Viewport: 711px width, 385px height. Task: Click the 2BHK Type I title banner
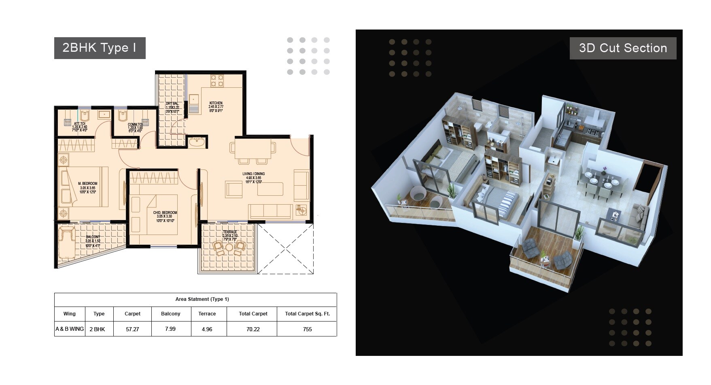[x=100, y=48]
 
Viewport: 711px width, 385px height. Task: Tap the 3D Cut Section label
[x=623, y=48]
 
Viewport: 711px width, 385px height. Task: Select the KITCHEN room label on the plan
[x=216, y=103]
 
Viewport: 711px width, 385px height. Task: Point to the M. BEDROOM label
[x=87, y=184]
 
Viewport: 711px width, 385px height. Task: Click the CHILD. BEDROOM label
[x=165, y=213]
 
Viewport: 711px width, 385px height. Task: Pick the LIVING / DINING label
[x=253, y=174]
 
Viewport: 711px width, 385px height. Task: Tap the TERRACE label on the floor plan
[x=229, y=232]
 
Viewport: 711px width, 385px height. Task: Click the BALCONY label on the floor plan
[x=93, y=237]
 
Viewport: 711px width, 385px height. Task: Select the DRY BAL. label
[x=172, y=104]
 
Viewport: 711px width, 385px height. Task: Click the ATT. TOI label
[x=80, y=124]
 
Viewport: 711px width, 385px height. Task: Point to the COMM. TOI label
[x=135, y=125]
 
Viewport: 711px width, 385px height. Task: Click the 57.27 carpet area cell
[x=132, y=329]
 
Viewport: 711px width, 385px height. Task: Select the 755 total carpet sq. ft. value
[x=307, y=329]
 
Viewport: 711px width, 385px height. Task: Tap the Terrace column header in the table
[x=207, y=314]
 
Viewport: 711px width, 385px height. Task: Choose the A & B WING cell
[x=70, y=329]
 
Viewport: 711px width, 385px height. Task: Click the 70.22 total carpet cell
[x=253, y=329]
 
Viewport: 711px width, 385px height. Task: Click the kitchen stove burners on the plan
[x=217, y=80]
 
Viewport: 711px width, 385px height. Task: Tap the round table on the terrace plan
[x=229, y=247]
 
